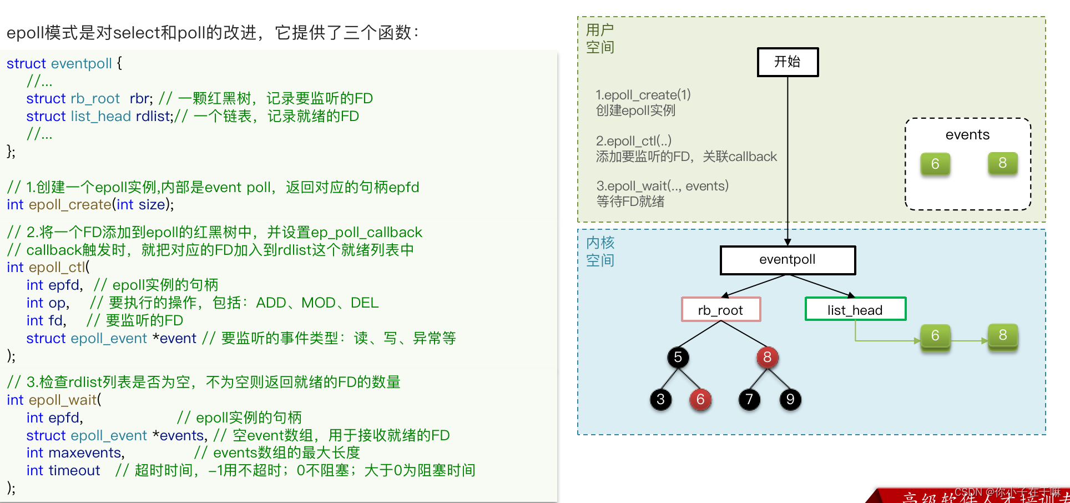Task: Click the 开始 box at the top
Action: click(788, 62)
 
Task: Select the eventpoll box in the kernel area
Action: click(788, 260)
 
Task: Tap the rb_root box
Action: click(720, 310)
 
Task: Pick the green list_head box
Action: click(855, 310)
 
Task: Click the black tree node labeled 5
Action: click(678, 357)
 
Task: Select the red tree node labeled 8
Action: click(767, 357)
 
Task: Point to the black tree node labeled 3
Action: click(660, 399)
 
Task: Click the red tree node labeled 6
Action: click(700, 399)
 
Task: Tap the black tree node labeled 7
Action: click(749, 399)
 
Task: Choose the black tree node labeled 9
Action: click(790, 399)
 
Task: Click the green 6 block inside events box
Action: click(935, 164)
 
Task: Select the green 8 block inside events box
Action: click(1002, 163)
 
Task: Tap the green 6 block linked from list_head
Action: click(935, 336)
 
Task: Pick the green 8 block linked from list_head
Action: click(1002, 335)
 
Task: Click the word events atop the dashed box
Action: click(967, 135)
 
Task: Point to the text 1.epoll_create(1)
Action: click(643, 95)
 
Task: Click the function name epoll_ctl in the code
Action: click(57, 268)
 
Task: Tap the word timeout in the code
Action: click(74, 471)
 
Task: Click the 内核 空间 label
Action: click(600, 251)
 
